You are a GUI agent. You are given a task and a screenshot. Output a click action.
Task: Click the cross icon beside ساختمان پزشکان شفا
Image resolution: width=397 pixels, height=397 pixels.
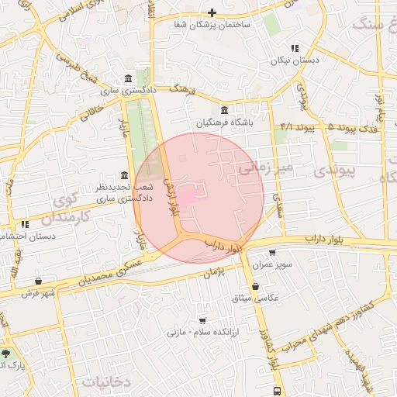[x=212, y=13]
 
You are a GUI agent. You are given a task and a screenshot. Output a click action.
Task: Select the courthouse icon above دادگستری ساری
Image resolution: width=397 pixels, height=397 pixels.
[x=127, y=78]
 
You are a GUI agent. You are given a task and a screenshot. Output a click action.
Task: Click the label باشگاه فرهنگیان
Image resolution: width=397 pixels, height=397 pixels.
[x=224, y=123]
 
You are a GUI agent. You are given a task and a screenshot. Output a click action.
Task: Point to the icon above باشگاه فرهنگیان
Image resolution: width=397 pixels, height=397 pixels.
[x=224, y=109]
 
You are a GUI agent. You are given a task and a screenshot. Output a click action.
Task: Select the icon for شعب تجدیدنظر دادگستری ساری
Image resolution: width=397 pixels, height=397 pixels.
[x=125, y=175]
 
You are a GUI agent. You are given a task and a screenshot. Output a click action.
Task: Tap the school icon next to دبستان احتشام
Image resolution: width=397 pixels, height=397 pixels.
[x=25, y=224]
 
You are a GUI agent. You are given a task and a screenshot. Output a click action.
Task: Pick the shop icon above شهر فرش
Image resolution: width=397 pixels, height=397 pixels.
[x=39, y=280]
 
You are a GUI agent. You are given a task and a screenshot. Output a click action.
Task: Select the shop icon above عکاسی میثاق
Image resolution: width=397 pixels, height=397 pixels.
[x=255, y=286]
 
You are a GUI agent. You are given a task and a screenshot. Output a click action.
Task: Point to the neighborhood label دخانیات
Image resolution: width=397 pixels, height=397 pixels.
[x=103, y=381]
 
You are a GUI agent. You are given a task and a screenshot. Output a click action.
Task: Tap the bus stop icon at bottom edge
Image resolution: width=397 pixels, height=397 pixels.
[x=277, y=390]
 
